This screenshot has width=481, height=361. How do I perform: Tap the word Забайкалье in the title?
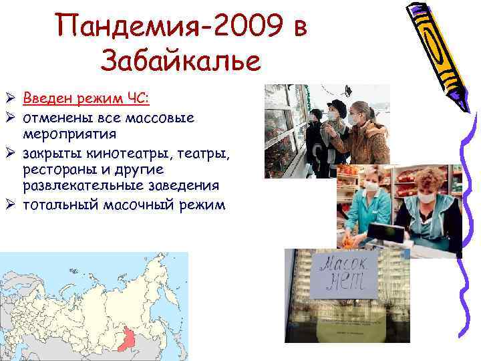(x=180, y=62)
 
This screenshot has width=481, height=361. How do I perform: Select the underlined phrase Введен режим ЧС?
(x=86, y=100)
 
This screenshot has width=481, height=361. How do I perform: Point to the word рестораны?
(x=57, y=170)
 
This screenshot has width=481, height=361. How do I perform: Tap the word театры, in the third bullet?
(x=205, y=154)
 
